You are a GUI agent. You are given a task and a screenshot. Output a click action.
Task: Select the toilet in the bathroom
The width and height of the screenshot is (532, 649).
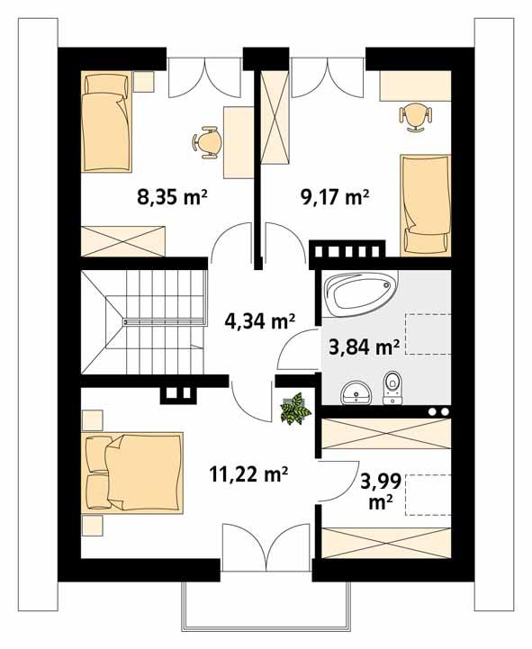(393, 386)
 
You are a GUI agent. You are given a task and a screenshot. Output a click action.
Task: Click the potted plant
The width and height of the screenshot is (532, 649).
(294, 410)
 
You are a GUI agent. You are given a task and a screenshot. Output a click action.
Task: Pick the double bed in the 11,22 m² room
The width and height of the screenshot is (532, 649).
(134, 473)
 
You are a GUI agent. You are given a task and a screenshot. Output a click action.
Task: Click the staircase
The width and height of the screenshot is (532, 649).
(144, 322)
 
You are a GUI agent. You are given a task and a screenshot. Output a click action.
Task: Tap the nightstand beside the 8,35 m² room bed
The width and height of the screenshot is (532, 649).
(145, 83)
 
